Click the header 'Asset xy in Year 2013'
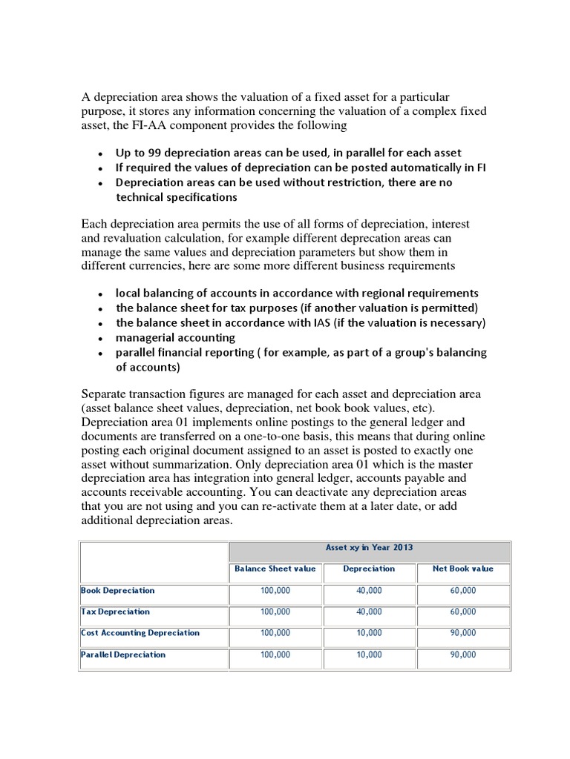[x=369, y=548]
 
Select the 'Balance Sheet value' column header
[x=275, y=569]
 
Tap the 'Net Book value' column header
[x=462, y=569]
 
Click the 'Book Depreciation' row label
[x=118, y=591]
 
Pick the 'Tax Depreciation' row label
[x=115, y=611]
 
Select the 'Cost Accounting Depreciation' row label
[x=140, y=633]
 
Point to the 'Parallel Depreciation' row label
[x=123, y=654]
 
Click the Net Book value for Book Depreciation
[x=462, y=591]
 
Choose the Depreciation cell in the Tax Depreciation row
[x=369, y=611]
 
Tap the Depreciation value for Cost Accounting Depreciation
[x=369, y=633]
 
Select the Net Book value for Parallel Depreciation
[x=462, y=654]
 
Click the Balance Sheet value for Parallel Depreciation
[x=275, y=654]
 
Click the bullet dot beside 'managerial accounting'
[x=100, y=338]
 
